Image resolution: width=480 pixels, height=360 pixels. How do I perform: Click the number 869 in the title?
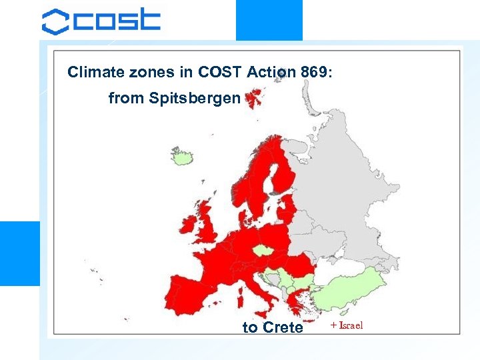point(311,72)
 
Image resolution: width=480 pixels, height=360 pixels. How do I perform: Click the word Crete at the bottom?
point(283,327)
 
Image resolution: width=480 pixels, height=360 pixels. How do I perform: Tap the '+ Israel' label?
point(346,326)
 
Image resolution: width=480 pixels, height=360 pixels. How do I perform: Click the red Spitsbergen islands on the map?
point(253,100)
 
